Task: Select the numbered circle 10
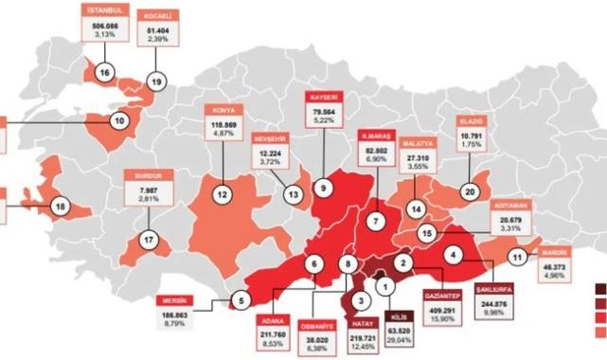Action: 120,121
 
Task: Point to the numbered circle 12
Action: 222,195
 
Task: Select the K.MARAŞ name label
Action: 378,135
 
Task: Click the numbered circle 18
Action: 62,206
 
